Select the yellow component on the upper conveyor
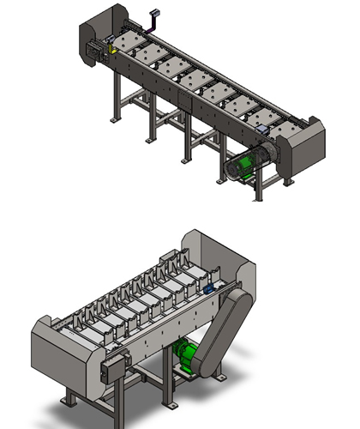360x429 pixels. pos(114,50)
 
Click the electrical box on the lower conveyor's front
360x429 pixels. pos(109,372)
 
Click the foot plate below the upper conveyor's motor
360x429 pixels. pos(258,198)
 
